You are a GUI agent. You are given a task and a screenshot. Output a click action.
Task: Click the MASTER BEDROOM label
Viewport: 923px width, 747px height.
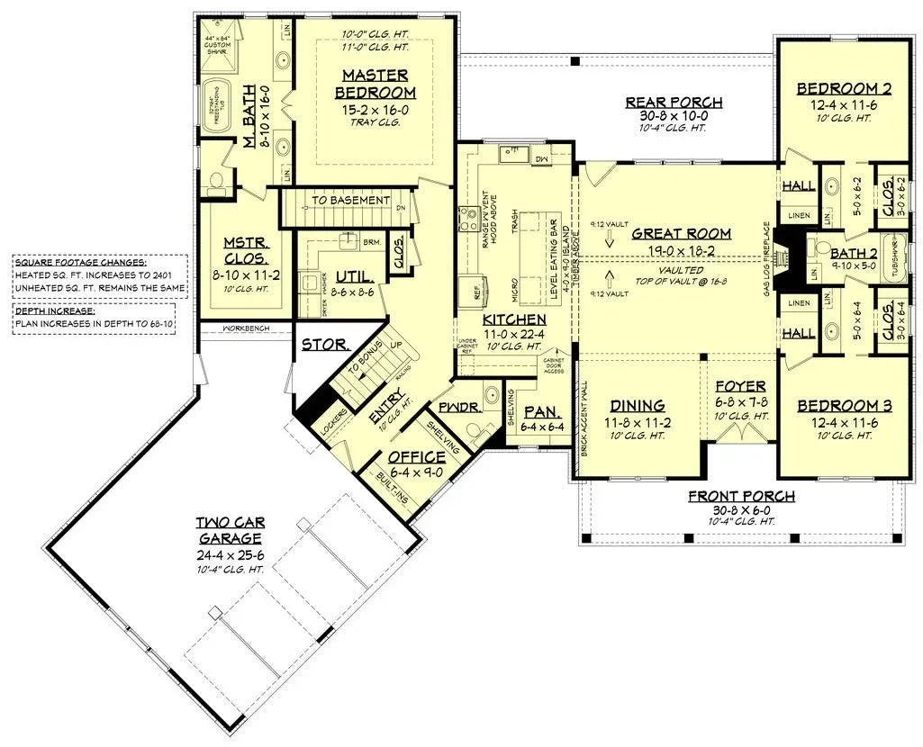(375, 84)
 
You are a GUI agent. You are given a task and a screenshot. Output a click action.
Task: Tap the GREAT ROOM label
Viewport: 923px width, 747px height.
(681, 233)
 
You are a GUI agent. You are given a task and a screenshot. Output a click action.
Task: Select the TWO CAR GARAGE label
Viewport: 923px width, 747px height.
(231, 530)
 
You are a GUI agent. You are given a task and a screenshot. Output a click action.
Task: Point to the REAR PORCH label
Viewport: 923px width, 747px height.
(674, 102)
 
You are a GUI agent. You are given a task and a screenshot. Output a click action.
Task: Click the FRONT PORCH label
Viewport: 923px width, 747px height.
(741, 496)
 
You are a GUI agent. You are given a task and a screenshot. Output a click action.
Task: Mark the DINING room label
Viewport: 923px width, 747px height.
(638, 405)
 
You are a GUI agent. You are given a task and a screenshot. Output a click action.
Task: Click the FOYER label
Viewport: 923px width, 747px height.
(739, 387)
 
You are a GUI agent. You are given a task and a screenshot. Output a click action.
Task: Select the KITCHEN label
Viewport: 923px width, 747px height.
(513, 319)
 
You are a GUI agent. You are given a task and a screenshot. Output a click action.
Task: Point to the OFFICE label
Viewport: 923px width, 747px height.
(416, 457)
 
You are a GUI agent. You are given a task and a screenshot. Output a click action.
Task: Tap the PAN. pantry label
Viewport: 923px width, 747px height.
(541, 411)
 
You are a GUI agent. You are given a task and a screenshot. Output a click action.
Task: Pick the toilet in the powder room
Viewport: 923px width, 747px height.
(491, 395)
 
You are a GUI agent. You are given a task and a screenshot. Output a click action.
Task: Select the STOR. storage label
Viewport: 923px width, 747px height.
(319, 345)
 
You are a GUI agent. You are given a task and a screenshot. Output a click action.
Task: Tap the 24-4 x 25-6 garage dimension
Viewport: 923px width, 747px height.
(231, 555)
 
